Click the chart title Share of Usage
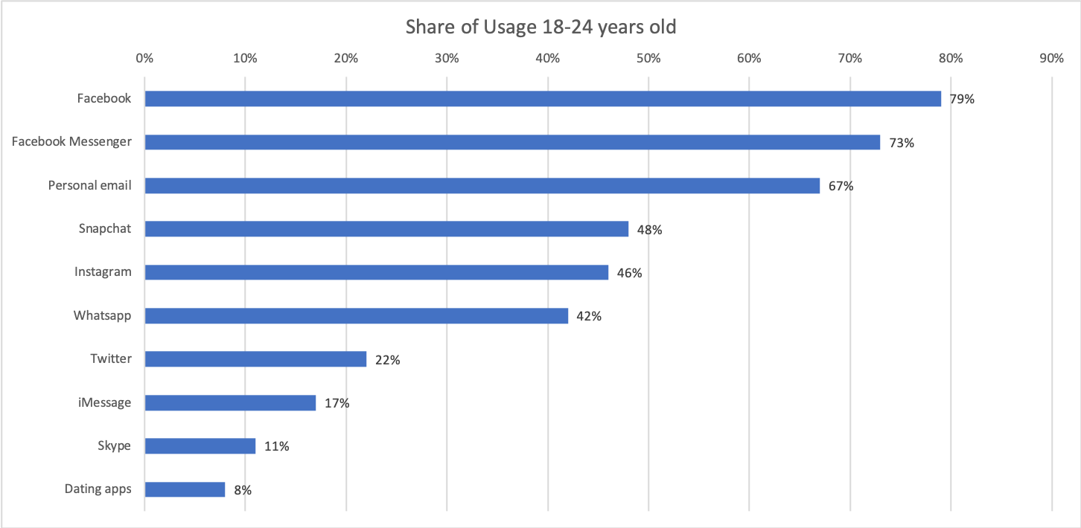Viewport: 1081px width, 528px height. click(540, 28)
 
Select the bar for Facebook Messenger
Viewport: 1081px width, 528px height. click(512, 142)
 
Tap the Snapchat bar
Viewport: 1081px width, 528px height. click(386, 229)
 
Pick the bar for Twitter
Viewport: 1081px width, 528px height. click(255, 359)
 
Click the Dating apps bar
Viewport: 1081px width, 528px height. click(185, 489)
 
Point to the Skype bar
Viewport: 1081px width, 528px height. click(200, 446)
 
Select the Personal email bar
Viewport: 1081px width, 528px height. click(482, 186)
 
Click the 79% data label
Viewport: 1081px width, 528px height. click(961, 99)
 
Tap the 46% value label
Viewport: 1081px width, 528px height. click(629, 273)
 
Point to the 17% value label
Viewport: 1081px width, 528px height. click(337, 403)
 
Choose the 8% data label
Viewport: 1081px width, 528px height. click(243, 489)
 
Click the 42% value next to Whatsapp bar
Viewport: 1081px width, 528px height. click(588, 316)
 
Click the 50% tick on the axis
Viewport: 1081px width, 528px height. click(648, 59)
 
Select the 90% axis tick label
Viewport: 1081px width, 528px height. click(1050, 59)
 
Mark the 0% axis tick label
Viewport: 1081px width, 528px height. click(144, 59)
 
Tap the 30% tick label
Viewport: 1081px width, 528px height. click(446, 59)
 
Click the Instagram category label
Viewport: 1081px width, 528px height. click(103, 272)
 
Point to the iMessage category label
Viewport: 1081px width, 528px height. click(106, 402)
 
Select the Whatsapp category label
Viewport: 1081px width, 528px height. click(102, 315)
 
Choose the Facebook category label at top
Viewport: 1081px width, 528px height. click(104, 98)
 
